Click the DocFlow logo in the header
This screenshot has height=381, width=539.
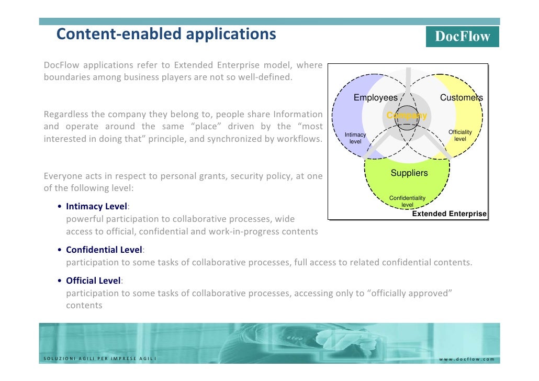463,37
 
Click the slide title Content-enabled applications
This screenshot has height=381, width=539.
166,34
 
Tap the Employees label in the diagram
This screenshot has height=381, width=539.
375,98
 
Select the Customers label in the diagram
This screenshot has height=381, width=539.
461,98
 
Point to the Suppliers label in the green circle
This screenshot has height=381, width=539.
409,173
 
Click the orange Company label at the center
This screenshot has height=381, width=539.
407,116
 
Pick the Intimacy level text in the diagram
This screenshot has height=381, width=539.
355,138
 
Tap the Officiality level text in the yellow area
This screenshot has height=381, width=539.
460,136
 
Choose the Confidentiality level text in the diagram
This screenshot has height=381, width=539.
407,201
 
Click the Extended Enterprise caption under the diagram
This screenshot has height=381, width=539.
449,214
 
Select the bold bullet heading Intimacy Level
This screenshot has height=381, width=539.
97,207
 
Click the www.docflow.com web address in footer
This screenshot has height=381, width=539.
466,359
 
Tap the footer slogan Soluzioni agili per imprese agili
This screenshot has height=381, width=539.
99,359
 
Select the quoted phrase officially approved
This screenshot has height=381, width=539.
411,293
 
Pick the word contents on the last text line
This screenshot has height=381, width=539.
84,305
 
